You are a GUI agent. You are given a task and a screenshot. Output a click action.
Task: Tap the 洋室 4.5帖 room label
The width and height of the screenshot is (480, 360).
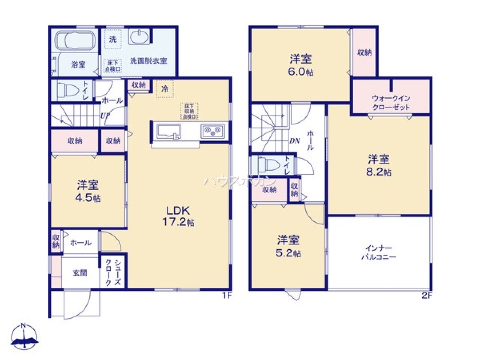click(x=88, y=191)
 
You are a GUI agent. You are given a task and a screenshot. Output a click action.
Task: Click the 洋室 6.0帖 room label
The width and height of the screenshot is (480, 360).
click(x=300, y=65)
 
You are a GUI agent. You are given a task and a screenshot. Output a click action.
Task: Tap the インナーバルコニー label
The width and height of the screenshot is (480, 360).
click(x=379, y=252)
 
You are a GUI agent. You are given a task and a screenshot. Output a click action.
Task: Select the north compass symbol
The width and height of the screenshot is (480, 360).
click(x=24, y=336)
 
